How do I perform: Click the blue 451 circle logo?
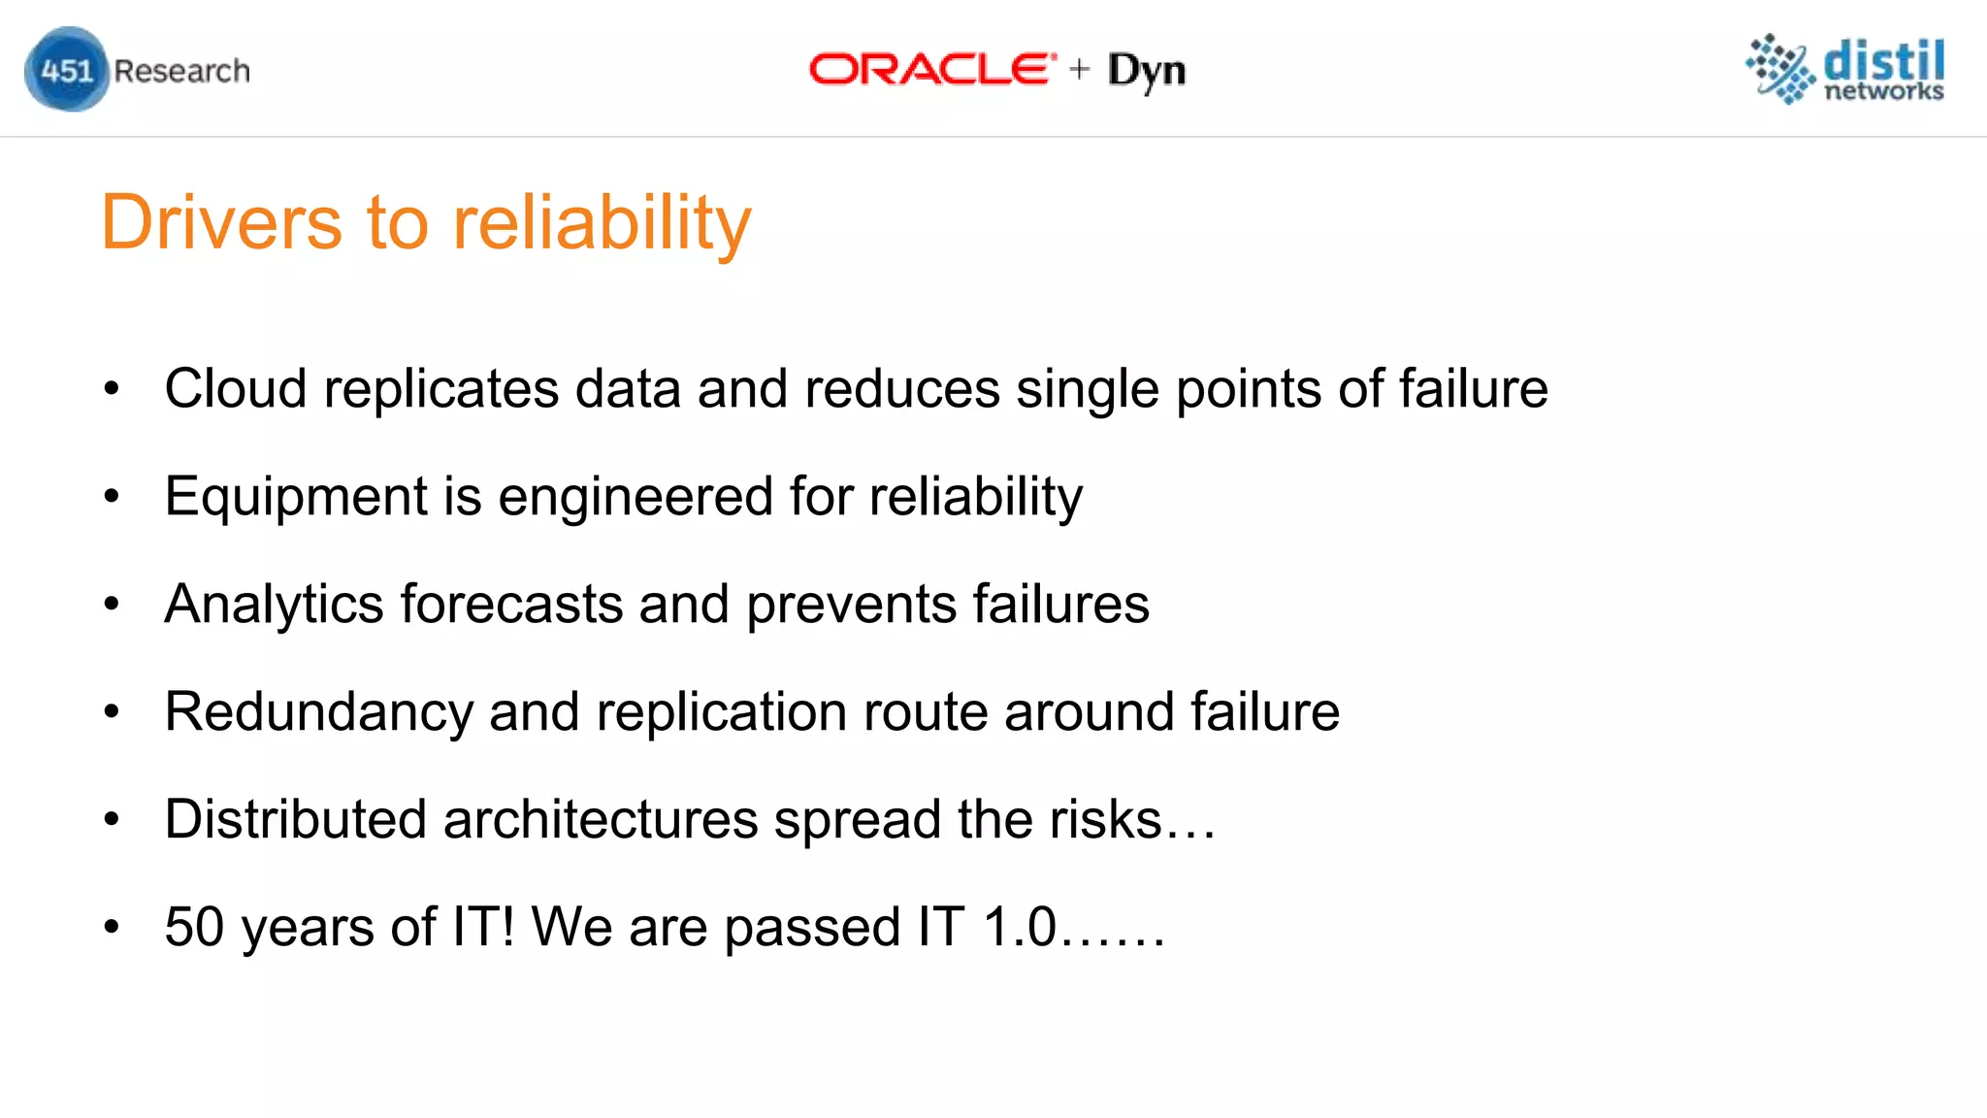point(66,70)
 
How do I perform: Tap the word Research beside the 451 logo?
point(181,71)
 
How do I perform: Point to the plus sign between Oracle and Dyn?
point(1080,70)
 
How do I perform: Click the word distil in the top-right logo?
point(1884,62)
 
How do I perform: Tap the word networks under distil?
point(1884,91)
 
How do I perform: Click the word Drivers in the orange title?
point(221,222)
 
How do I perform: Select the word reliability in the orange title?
point(602,224)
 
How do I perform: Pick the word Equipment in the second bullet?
point(296,498)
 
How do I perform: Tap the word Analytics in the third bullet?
point(274,605)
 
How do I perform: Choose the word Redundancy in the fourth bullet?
point(318,712)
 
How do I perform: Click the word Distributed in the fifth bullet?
point(296,819)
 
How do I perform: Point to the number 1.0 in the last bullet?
point(1019,927)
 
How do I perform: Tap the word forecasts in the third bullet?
point(511,605)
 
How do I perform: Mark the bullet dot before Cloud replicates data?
point(112,389)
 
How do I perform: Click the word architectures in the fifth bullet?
point(601,819)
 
